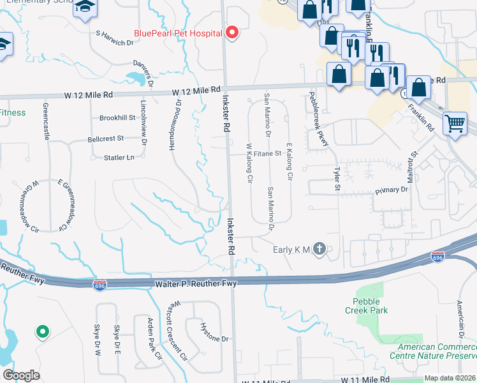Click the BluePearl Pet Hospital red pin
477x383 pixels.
232,33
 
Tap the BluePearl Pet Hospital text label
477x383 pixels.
177,33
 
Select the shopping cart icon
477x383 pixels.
455,123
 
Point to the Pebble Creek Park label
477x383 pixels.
365,305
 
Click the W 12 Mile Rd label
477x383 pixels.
89,94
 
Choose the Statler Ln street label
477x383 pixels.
121,157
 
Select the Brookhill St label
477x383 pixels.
117,118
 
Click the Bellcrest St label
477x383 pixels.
105,138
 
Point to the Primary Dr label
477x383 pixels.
391,190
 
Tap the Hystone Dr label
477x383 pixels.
214,339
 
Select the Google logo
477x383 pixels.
21,375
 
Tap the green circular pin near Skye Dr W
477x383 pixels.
42,331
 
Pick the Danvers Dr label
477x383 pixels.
143,72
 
